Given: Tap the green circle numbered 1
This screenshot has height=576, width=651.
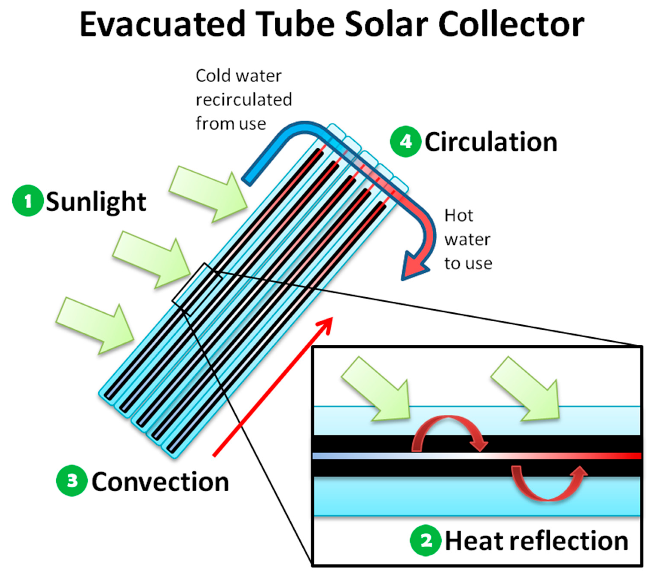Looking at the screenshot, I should click(x=28, y=200).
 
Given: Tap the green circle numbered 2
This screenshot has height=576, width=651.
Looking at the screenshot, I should click(x=425, y=541).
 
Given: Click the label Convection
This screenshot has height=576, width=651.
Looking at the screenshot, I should click(x=160, y=482).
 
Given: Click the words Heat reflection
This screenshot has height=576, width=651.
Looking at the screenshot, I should click(x=536, y=541).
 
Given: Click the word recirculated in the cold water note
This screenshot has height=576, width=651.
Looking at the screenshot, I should click(x=244, y=100).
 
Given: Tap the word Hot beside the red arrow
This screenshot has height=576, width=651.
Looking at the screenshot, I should click(x=459, y=216).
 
